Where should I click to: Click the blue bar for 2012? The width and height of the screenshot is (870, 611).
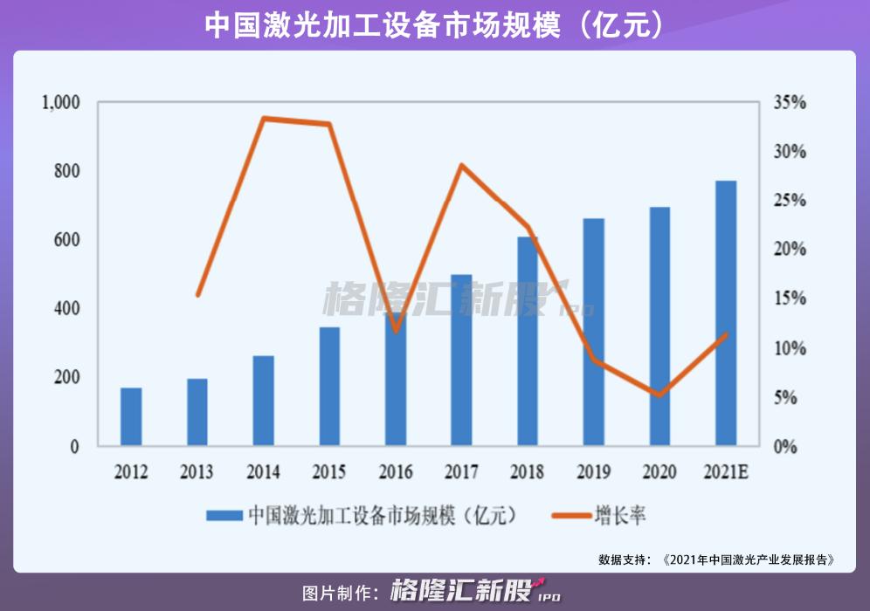131,416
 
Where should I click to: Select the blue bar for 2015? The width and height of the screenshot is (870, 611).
329,387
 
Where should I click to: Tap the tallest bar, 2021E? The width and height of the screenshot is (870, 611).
726,313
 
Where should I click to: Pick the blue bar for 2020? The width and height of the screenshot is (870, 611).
659,326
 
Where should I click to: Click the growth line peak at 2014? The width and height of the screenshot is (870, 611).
264,118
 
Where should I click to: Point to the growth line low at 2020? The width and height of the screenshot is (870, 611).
659,395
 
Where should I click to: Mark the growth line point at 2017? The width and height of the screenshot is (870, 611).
461,165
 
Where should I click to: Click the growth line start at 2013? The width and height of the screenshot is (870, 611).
197,295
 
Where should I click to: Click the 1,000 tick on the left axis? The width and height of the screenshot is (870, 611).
61,103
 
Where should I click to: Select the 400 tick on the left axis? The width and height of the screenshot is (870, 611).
67,308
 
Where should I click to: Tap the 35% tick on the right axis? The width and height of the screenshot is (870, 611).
791,102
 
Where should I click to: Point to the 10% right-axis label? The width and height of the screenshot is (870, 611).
791,348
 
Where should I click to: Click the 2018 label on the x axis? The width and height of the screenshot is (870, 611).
527,472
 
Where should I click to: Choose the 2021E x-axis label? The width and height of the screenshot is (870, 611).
726,472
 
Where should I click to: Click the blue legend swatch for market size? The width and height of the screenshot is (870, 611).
224,516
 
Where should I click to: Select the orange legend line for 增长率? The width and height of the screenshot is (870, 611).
571,516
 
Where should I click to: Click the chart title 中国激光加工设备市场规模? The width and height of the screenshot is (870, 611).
383,25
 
